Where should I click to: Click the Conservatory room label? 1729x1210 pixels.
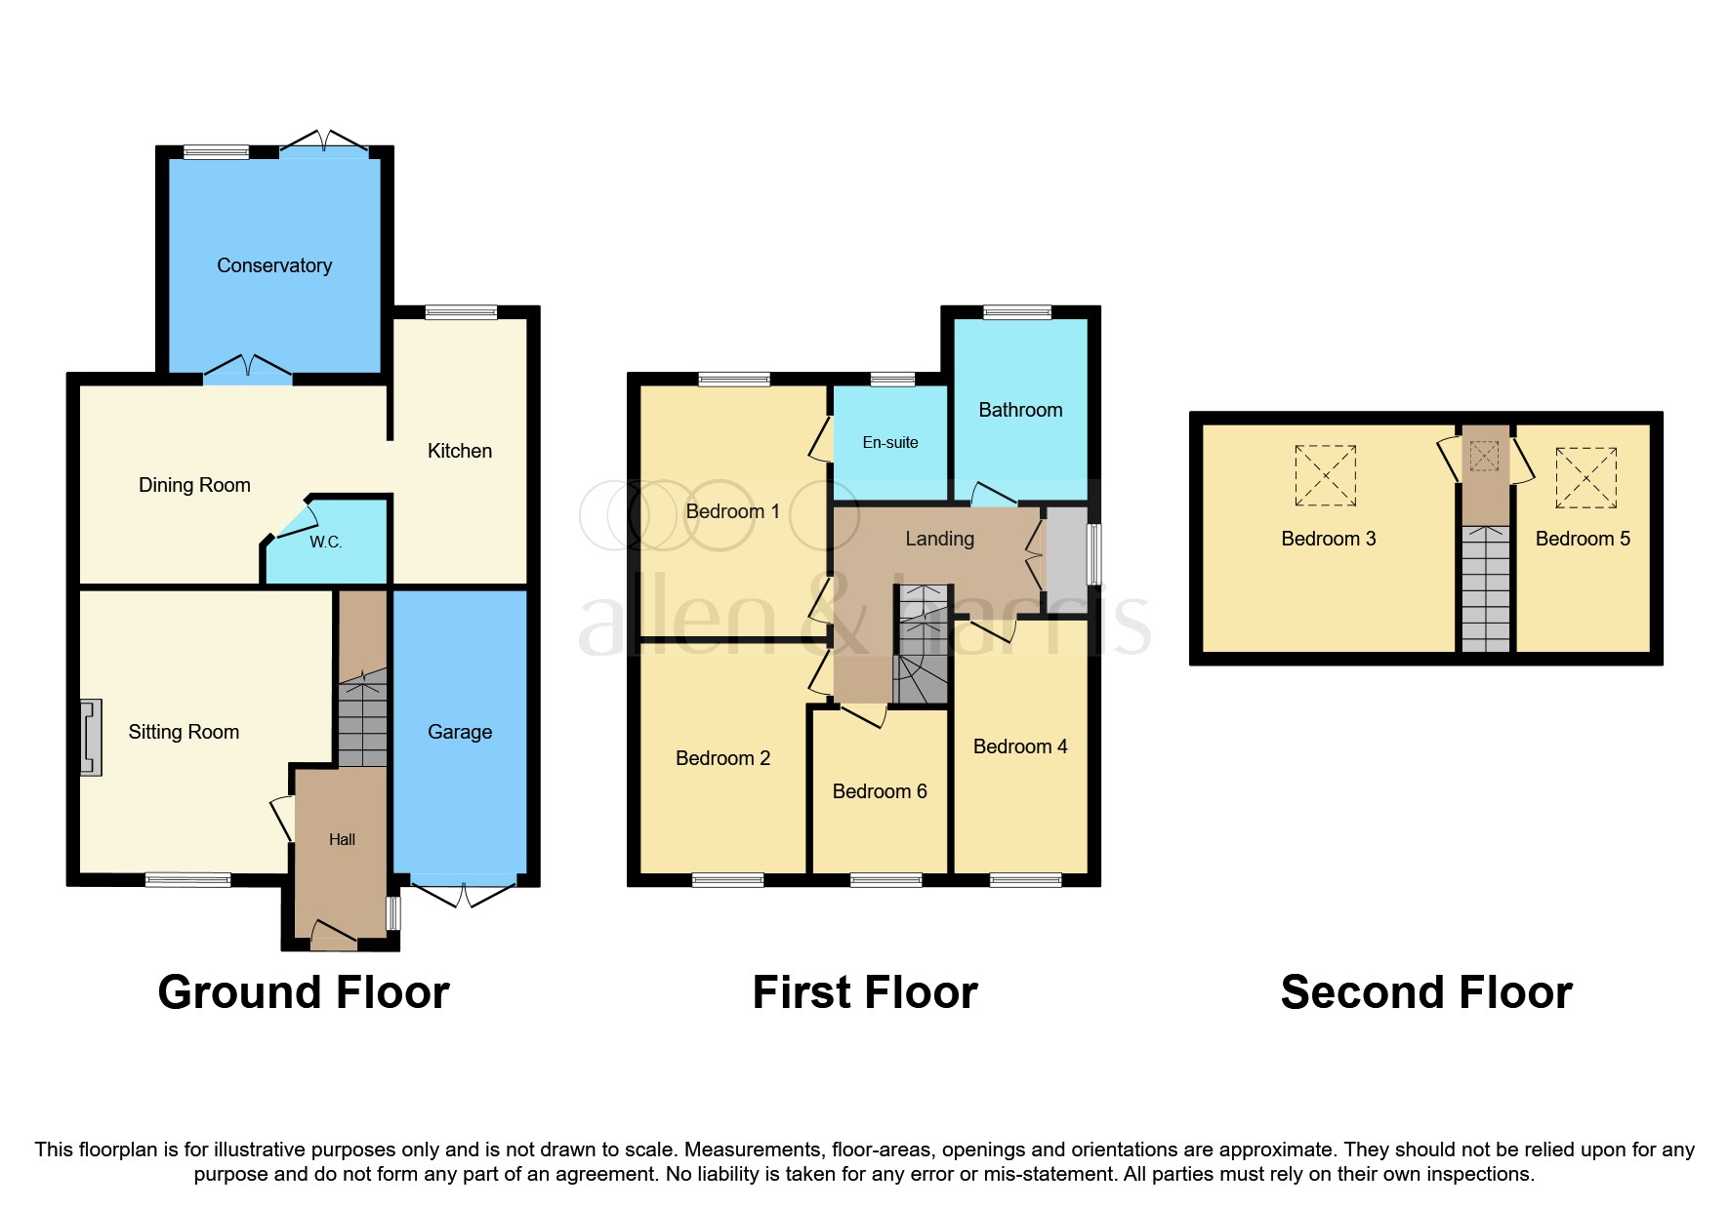point(274,265)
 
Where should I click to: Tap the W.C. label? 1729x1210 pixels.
point(326,543)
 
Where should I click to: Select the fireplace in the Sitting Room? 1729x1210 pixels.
point(91,738)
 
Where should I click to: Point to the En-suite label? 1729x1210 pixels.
point(890,442)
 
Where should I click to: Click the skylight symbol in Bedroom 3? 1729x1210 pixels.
point(1325,475)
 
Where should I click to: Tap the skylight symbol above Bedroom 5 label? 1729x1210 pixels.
point(1585,477)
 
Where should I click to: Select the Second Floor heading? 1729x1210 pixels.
point(1426,992)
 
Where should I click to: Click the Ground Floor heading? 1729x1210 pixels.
point(304,992)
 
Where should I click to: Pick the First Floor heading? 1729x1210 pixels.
point(865,992)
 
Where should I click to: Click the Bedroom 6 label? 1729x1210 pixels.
point(880,791)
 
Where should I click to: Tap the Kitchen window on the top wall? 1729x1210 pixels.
point(461,312)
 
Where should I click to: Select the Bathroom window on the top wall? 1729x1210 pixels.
point(1017,312)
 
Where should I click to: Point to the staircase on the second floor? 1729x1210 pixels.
point(1486,588)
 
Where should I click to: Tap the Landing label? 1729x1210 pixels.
point(939,539)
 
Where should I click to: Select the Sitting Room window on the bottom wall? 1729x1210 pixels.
point(187,880)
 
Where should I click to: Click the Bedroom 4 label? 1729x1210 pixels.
point(1020,746)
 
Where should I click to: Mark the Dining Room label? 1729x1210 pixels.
point(194,485)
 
